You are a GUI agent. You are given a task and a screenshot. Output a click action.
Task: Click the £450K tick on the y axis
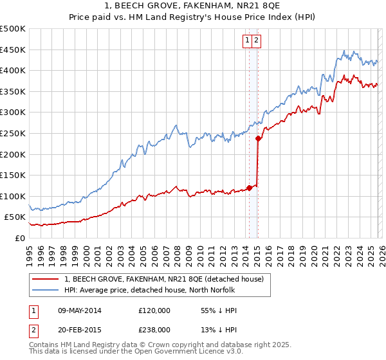(x=13, y=50)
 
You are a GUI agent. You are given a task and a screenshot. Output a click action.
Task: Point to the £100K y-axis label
(x=13, y=196)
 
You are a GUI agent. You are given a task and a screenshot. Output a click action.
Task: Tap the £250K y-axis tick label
(x=13, y=133)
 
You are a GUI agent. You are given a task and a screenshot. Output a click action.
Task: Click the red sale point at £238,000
(x=258, y=138)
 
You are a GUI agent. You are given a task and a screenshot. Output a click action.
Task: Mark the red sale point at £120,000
(x=249, y=188)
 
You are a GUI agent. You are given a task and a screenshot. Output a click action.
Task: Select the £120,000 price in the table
(x=154, y=310)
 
